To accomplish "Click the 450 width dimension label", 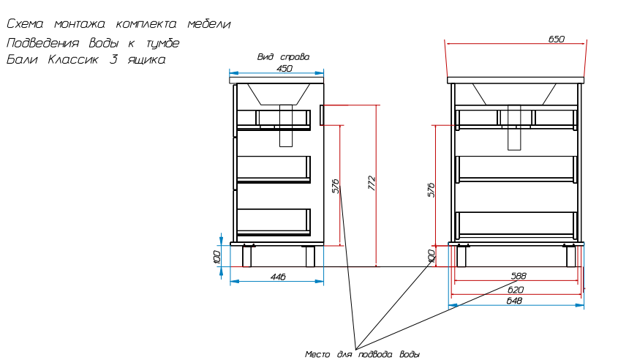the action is point(284,68).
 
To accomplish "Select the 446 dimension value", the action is point(278,277).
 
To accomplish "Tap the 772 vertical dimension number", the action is point(372,184).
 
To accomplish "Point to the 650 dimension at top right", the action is point(556,39).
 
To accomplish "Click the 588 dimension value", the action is point(519,276).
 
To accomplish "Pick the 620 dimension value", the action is point(515,290).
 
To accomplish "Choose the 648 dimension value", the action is point(514,301).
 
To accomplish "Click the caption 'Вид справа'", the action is point(283,57).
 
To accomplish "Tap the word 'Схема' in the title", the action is point(25,24).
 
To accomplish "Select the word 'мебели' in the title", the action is point(209,24).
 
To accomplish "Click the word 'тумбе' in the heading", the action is point(163,42).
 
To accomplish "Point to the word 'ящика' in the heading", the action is point(146,60).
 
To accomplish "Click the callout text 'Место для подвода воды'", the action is point(362,354).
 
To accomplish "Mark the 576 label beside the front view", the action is point(431,190).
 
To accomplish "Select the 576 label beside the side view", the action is point(336,186).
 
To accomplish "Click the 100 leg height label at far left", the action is point(216,256).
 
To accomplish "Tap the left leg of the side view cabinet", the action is point(246,256).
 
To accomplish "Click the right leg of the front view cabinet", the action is point(570,256).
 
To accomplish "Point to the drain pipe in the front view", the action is point(514,127).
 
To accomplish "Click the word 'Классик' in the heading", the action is point(73,60).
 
